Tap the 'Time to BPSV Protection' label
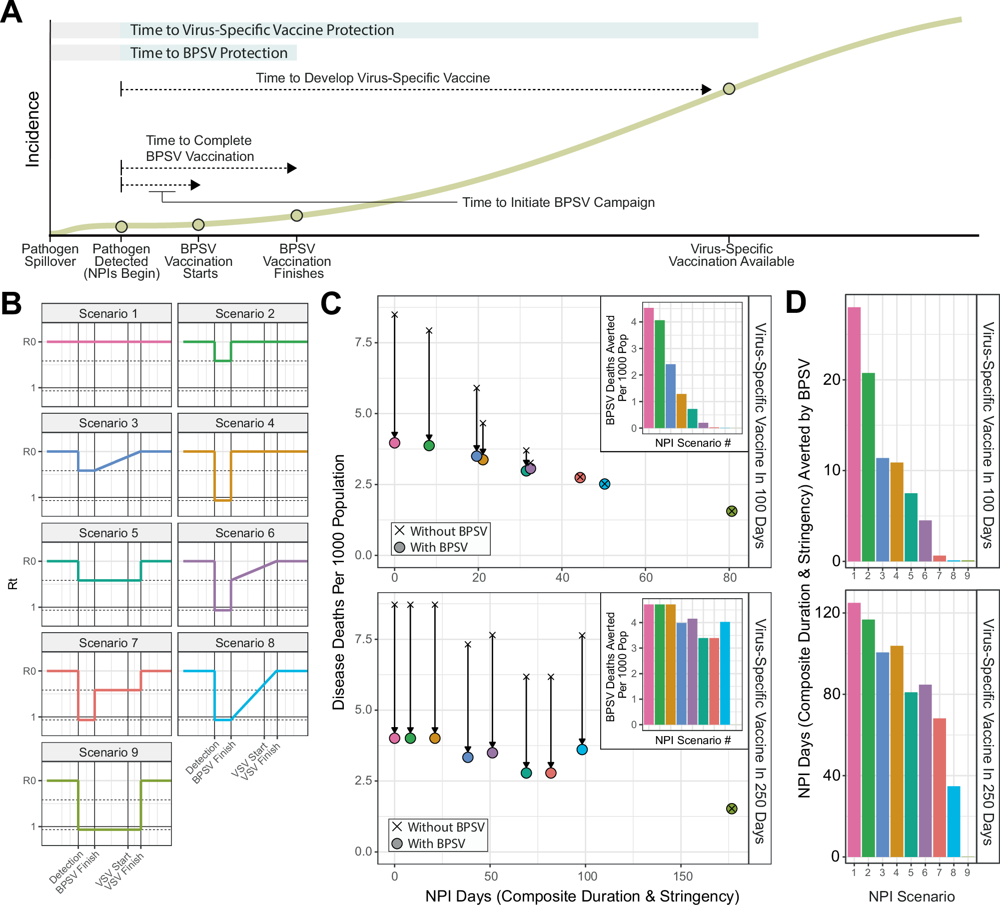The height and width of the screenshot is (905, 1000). pos(208,53)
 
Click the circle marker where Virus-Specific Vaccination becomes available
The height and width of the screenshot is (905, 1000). pos(729,89)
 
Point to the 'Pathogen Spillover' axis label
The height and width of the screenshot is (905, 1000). pos(50,255)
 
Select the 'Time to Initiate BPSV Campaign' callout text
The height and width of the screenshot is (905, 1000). pos(558,202)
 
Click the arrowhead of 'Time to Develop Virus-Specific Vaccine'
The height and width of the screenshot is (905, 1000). pos(706,89)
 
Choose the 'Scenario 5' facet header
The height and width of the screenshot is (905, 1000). pos(106,533)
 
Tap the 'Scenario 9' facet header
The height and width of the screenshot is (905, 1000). pos(106,752)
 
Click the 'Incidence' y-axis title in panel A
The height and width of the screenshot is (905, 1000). pos(32,129)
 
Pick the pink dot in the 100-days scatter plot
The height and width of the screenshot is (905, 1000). pos(394,443)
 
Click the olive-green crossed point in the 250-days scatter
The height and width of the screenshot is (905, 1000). pos(732,809)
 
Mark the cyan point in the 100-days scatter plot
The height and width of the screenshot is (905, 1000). pos(604,484)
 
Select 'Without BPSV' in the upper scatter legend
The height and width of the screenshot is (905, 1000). pos(448,531)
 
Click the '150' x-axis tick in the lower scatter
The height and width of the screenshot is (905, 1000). pos(683,876)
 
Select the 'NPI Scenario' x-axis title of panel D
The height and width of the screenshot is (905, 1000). pos(912,896)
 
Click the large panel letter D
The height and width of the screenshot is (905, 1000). pos(796,303)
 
